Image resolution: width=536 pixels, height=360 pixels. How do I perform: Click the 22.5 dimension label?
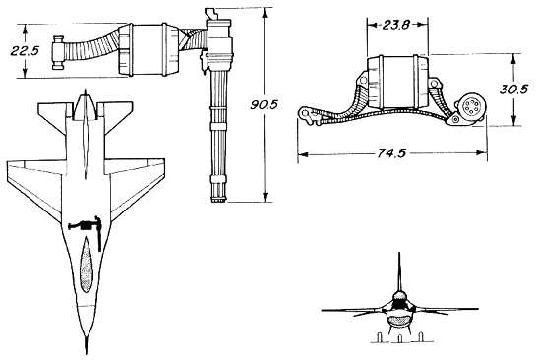(25, 51)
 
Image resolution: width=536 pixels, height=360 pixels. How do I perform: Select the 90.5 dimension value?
(264, 104)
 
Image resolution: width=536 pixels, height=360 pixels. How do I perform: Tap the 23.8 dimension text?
(395, 25)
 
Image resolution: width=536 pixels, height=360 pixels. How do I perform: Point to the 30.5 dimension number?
(513, 90)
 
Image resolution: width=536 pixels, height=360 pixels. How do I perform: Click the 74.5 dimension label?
(391, 153)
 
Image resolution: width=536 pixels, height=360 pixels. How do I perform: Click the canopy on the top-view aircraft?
(87, 267)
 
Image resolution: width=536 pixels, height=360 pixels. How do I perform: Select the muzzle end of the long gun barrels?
(218, 200)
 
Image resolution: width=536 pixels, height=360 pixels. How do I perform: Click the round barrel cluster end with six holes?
(469, 107)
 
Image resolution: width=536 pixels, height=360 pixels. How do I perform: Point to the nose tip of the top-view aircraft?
(87, 353)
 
